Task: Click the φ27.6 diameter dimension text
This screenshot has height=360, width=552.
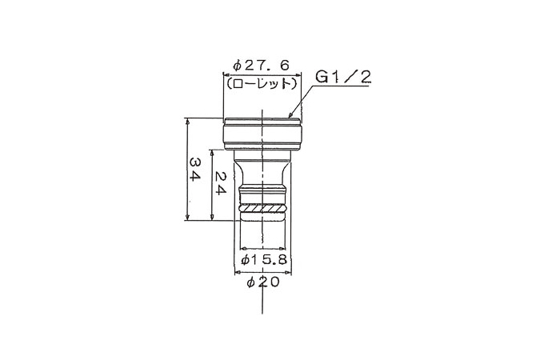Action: pyautogui.click(x=262, y=66)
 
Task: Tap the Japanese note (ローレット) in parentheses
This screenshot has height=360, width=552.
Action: pyautogui.click(x=262, y=82)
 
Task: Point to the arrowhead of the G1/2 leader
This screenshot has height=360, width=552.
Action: pyautogui.click(x=290, y=119)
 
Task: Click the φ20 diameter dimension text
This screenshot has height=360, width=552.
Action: pyautogui.click(x=263, y=282)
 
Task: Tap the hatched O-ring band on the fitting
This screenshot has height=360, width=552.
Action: pyautogui.click(x=263, y=210)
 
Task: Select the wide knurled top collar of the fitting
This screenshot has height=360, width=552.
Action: pyautogui.click(x=262, y=134)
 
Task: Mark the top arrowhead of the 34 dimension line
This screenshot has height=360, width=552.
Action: pyautogui.click(x=186, y=122)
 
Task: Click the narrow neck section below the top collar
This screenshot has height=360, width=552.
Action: pyautogui.click(x=263, y=168)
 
